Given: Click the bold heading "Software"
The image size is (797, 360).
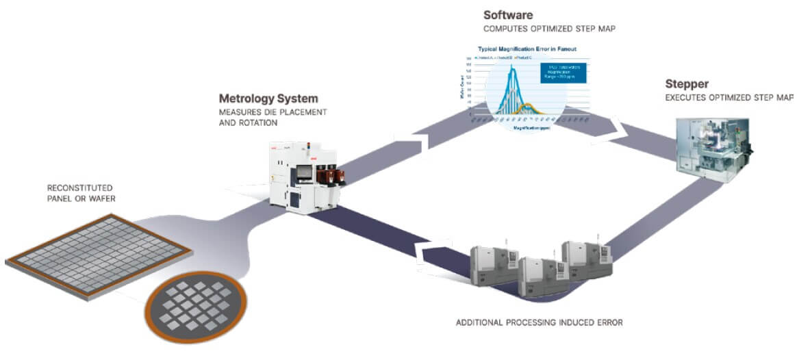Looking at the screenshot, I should coord(507,14).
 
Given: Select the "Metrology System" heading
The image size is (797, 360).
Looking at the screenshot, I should coord(268,99).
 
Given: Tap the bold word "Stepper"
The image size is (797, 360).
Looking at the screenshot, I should coord(687,84).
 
